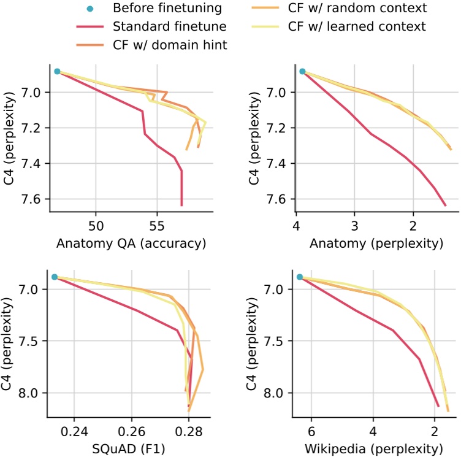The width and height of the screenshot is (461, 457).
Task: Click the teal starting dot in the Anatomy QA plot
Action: [57, 72]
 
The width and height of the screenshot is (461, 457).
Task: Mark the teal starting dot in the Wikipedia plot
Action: [300, 277]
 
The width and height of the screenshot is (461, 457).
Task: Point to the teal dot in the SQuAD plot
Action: [55, 277]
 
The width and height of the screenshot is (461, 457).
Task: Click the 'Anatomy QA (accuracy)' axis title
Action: [130, 244]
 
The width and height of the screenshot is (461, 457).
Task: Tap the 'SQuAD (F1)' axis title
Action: [130, 448]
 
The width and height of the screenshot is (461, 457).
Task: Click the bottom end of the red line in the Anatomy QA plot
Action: [181, 205]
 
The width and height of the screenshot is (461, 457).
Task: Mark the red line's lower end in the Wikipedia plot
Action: [438, 405]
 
